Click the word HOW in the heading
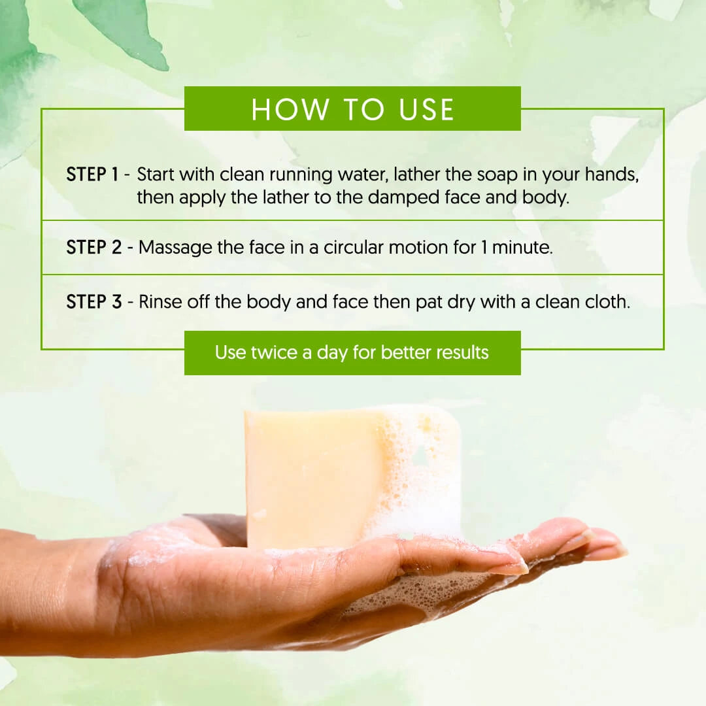tap(290, 109)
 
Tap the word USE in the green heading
tap(426, 109)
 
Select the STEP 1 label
tap(92, 175)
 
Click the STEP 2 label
tap(94, 247)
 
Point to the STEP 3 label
tap(94, 301)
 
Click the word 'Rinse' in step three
tap(160, 301)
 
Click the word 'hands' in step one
tap(612, 175)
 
